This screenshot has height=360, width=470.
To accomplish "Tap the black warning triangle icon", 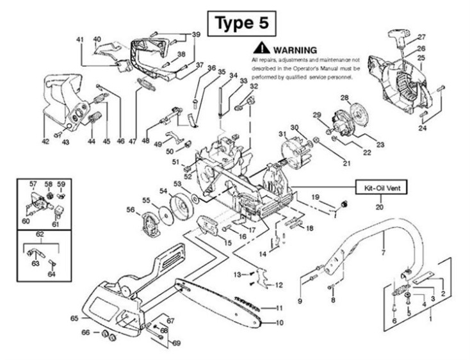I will [261, 49].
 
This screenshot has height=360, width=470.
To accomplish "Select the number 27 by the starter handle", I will [421, 37].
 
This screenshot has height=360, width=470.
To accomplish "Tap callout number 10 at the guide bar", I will [280, 323].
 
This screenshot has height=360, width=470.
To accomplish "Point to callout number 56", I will [130, 209].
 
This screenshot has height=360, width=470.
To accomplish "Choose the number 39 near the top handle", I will [196, 34].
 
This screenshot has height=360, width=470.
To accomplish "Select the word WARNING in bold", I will [295, 49].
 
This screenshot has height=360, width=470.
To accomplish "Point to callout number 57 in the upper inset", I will [33, 184].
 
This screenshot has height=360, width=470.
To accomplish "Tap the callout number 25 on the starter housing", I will [421, 58].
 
